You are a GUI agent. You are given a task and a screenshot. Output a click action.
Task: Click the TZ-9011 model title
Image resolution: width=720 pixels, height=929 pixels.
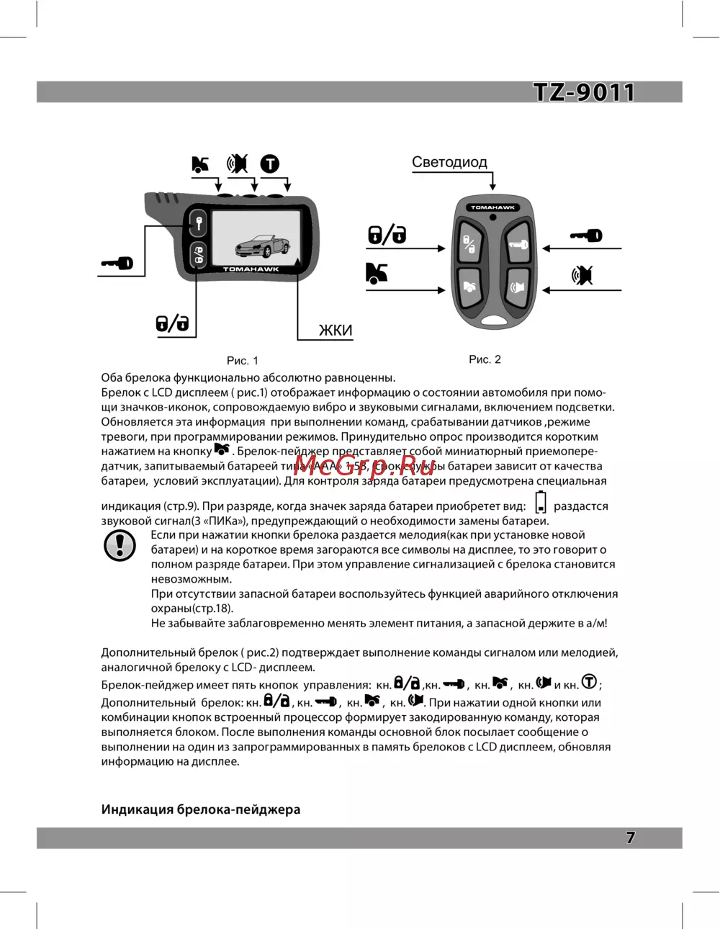(x=584, y=92)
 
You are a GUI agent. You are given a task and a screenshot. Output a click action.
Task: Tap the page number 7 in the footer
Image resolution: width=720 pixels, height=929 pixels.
(x=631, y=838)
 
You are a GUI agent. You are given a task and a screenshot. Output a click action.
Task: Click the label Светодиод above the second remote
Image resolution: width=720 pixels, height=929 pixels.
(x=449, y=162)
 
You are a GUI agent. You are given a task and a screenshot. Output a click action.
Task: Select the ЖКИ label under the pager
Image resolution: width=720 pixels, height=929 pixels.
(x=336, y=331)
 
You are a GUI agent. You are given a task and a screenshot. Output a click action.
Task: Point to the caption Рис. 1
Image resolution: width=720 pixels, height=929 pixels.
(x=242, y=361)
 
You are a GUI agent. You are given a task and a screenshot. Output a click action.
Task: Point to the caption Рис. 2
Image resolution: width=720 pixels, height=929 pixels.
(x=485, y=359)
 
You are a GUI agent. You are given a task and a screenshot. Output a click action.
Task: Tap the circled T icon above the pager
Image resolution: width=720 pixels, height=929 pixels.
(x=269, y=164)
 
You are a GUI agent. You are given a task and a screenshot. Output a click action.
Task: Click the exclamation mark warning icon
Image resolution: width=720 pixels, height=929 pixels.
(x=120, y=545)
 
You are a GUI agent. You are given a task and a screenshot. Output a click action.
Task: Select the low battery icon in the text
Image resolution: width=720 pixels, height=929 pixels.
(x=541, y=502)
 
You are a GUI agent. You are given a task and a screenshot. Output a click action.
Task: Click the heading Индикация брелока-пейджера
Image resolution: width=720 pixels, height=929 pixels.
(x=201, y=809)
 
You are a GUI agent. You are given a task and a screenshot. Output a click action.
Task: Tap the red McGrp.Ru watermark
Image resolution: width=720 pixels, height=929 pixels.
(x=364, y=466)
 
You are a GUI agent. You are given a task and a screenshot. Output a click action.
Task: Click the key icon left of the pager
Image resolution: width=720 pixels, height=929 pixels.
(x=117, y=264)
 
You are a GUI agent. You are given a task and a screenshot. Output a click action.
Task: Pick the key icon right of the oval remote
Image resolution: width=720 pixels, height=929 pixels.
(x=586, y=235)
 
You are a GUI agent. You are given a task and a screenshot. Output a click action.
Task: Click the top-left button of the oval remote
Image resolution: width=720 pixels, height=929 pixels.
(x=469, y=244)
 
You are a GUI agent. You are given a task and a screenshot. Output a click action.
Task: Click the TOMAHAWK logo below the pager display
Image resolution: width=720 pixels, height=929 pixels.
(x=251, y=269)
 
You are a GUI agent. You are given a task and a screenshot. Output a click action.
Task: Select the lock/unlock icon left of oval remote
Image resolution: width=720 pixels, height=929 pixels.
(x=387, y=234)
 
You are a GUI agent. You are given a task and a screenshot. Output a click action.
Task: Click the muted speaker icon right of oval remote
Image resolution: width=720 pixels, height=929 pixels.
(x=582, y=274)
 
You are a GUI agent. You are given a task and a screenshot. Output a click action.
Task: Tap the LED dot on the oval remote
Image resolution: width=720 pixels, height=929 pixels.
(x=492, y=217)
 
